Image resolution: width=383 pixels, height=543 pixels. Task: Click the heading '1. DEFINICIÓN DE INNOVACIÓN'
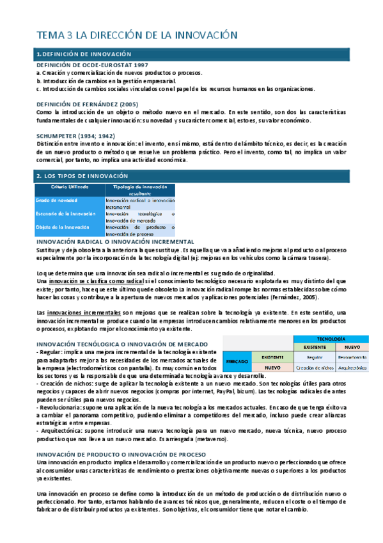(x=84, y=54)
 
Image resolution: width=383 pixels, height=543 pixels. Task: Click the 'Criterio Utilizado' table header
(x=66, y=186)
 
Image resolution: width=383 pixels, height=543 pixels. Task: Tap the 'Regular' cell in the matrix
(x=313, y=357)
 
